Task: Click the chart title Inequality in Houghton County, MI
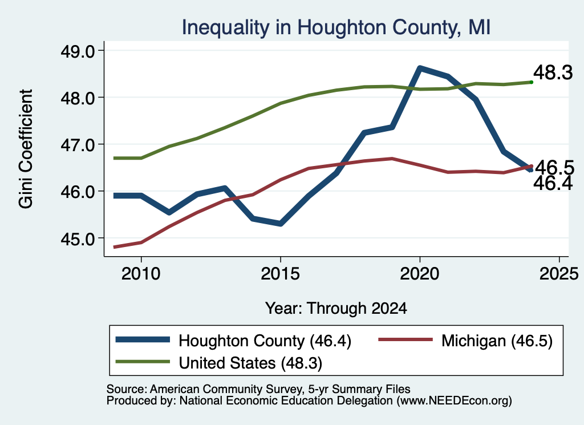click(x=336, y=27)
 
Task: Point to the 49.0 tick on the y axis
click(x=78, y=51)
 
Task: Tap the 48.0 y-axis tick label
click(x=78, y=98)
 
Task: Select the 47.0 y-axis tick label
click(x=78, y=144)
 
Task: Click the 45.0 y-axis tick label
click(x=78, y=238)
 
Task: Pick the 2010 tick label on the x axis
click(x=141, y=274)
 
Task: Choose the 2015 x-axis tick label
click(x=280, y=274)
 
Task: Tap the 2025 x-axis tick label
click(x=559, y=274)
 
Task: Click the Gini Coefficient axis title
click(x=26, y=149)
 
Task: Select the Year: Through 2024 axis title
click(x=336, y=309)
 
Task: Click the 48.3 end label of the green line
click(x=553, y=72)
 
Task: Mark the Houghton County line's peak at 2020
click(x=420, y=68)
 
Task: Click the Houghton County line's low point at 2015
click(x=280, y=224)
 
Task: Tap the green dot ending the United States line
click(x=532, y=82)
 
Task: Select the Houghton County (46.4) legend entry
click(x=233, y=341)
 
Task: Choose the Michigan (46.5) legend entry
click(x=465, y=341)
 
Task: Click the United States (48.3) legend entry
click(x=219, y=363)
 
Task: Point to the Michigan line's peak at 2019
click(x=392, y=158)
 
